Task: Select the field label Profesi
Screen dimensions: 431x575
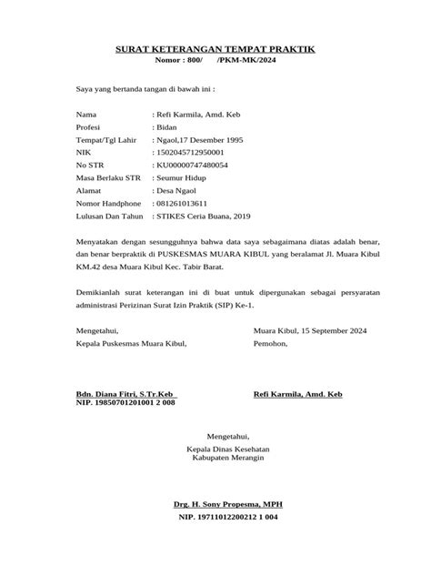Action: (90, 129)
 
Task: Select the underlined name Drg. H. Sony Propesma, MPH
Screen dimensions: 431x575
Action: (215, 503)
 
